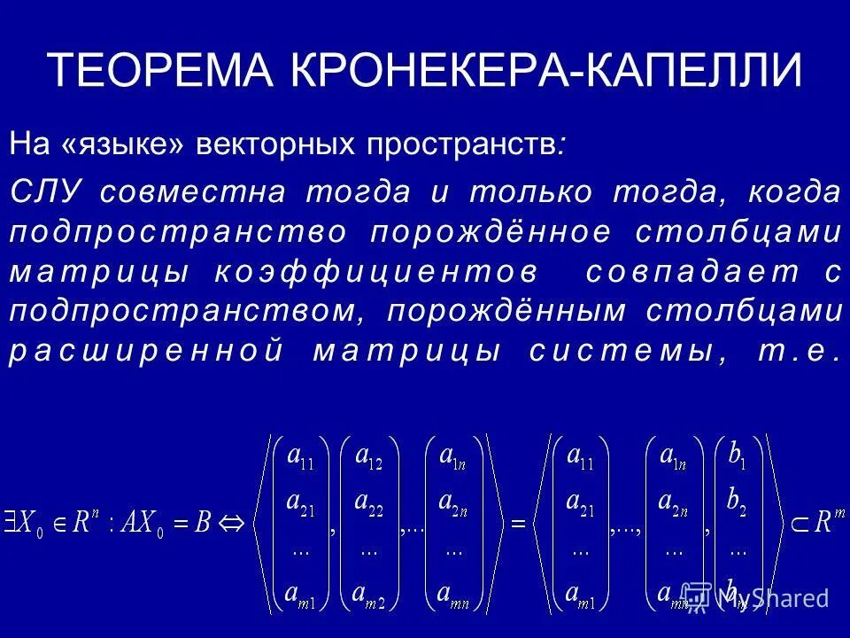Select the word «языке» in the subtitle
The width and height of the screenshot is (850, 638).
[x=123, y=144]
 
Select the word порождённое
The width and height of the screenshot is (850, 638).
[x=491, y=232]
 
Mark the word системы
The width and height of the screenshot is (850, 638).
[x=621, y=351]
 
